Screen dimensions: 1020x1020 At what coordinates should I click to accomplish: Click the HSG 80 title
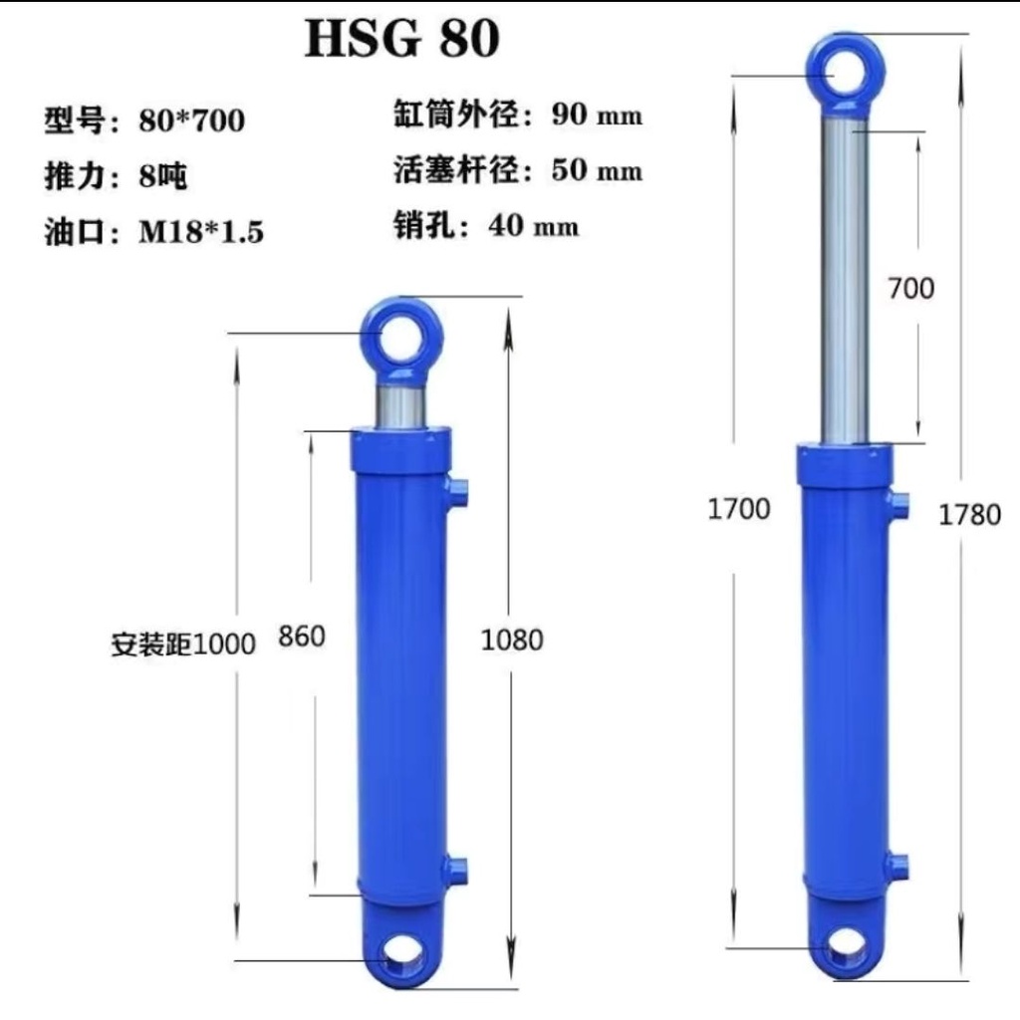coord(402,39)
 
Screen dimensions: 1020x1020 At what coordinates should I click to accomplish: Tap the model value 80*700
coord(192,121)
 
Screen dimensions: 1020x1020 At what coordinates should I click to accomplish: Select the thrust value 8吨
coord(162,175)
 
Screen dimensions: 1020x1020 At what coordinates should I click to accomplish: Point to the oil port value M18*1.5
coord(201,231)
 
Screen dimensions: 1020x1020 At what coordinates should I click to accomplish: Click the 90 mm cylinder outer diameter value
coord(597,115)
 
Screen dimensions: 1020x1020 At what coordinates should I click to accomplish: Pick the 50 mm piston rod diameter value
coord(597,169)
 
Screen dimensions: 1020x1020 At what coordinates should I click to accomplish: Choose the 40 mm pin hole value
coord(533,225)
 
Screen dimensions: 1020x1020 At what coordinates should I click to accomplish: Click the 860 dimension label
coord(302,636)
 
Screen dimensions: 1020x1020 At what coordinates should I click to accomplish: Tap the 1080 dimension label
coord(512,640)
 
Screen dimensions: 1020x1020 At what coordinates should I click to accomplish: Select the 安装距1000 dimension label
coord(183,644)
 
